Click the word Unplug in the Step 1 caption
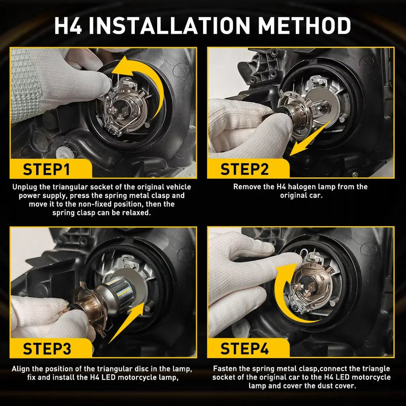point(24,187)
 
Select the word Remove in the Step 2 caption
point(247,187)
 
